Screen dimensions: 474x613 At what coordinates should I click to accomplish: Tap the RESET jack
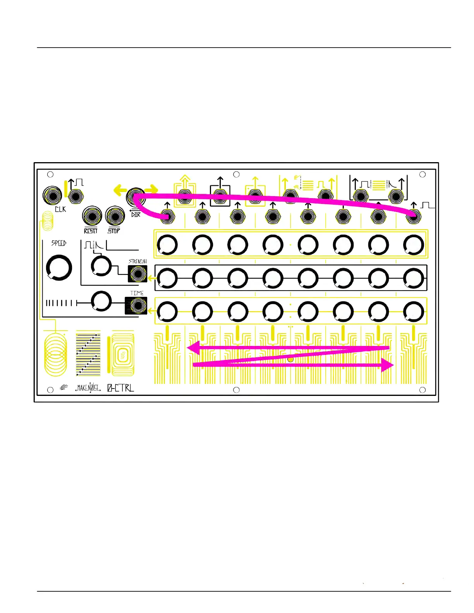click(92, 216)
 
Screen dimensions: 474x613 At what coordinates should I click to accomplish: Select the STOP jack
click(115, 216)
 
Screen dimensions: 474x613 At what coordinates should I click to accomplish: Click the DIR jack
click(136, 197)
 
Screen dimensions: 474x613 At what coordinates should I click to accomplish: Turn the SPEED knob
click(59, 267)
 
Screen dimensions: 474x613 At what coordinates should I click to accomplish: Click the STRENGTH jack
click(138, 274)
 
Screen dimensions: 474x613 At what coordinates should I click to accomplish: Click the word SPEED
click(59, 243)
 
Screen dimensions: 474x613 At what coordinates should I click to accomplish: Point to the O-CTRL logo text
click(120, 387)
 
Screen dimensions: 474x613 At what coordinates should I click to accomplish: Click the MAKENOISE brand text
click(88, 387)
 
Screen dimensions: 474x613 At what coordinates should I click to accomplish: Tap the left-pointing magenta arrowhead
click(193, 348)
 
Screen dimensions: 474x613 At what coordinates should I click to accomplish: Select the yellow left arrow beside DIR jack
click(120, 190)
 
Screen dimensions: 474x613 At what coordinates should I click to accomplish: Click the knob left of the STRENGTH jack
click(101, 266)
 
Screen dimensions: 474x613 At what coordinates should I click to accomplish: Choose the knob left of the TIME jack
click(101, 301)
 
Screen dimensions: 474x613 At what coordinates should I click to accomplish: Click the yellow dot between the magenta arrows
click(290, 360)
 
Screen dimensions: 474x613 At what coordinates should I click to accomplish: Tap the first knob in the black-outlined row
click(167, 278)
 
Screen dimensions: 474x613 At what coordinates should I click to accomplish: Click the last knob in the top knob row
click(414, 245)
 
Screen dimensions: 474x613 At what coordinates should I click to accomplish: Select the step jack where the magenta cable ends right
click(414, 217)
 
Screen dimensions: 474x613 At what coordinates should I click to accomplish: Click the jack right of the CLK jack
click(76, 197)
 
